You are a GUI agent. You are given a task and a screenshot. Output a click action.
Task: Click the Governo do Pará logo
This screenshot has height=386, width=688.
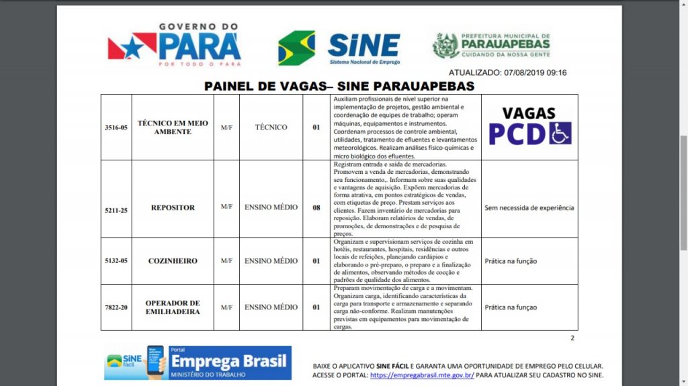(174, 45)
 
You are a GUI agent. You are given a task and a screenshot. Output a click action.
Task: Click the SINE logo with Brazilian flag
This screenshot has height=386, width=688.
(339, 47)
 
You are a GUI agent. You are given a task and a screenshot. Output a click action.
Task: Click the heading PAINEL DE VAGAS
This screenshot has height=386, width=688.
(339, 87)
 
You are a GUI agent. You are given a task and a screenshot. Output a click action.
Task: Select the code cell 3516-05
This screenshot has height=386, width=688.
(116, 127)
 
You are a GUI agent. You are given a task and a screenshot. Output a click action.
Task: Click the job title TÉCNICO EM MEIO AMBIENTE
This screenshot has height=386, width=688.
(173, 127)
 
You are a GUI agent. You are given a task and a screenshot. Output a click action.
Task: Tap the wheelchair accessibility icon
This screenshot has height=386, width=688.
(560, 133)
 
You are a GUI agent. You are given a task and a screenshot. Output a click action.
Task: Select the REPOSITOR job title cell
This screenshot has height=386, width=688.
(173, 208)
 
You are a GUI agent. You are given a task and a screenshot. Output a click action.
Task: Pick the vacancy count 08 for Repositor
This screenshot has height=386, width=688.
(316, 208)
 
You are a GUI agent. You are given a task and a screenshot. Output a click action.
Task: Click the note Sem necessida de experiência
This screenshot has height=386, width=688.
(529, 208)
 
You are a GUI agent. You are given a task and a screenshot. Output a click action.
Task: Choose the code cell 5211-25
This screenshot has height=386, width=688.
(116, 210)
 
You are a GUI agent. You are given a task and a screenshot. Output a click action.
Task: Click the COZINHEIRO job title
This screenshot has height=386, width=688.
(173, 261)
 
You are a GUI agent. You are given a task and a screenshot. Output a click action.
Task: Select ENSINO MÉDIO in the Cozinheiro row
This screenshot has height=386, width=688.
(271, 261)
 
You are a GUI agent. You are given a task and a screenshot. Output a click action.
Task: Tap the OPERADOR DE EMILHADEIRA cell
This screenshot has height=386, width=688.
(173, 307)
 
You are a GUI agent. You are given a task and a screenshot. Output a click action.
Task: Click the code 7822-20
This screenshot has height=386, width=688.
(116, 307)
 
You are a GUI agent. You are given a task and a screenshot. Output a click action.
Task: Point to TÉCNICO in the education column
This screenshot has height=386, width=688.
(271, 127)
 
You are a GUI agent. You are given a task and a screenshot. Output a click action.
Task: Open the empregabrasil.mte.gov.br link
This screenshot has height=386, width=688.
(422, 375)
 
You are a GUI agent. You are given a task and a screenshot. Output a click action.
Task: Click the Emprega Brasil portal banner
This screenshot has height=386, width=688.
(198, 363)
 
